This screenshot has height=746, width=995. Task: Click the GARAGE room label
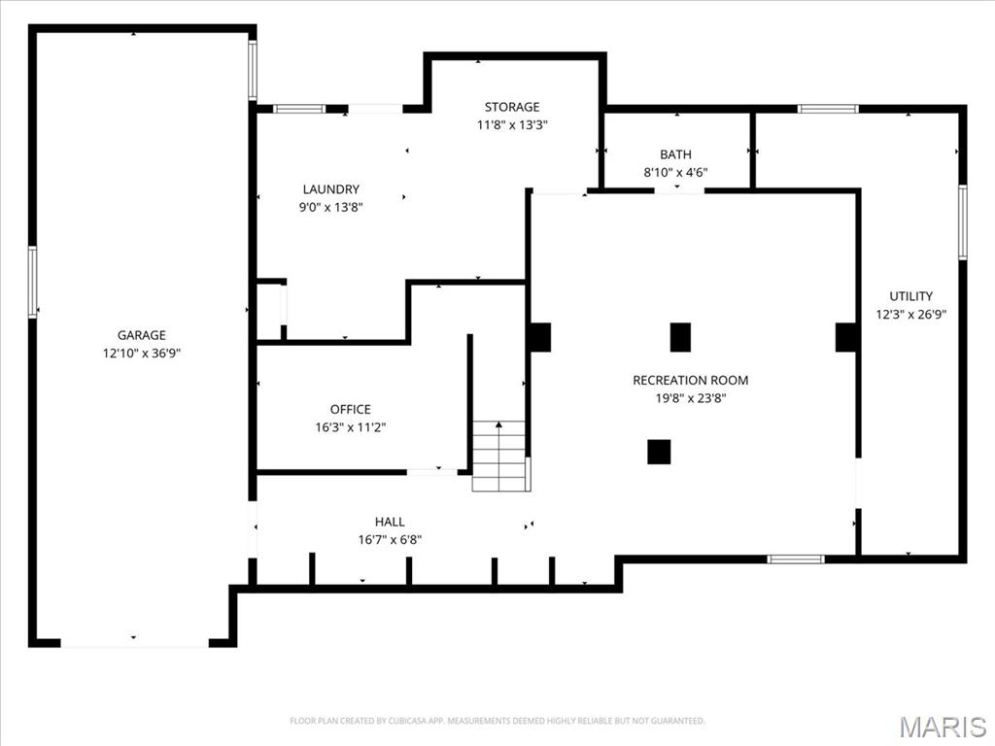coord(142,335)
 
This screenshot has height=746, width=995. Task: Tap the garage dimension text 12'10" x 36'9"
coord(142,354)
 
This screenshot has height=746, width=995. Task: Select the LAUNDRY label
coord(330,189)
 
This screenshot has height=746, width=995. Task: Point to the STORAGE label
coord(512,107)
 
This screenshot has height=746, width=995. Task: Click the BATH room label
coord(675,154)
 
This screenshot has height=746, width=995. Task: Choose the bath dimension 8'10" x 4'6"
coord(675,173)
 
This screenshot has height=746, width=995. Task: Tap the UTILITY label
coord(910,296)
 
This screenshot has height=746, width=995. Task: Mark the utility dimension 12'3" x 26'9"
coord(910,315)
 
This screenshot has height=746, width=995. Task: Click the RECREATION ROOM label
coord(691,380)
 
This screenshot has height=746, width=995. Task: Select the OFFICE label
coord(350,409)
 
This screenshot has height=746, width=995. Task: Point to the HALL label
coord(390,522)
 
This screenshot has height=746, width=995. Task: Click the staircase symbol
coord(500,456)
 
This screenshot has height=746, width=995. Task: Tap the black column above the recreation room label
coord(680,337)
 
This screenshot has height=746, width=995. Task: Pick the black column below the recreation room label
coord(659,452)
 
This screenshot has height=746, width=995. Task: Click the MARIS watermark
coord(942,727)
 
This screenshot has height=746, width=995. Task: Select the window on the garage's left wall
coord(32,282)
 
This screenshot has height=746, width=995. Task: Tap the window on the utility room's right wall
coord(962,222)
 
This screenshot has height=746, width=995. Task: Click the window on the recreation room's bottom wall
coord(796,559)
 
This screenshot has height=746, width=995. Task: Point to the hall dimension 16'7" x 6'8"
coord(390,540)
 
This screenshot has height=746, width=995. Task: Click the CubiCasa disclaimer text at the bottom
coord(497,721)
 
